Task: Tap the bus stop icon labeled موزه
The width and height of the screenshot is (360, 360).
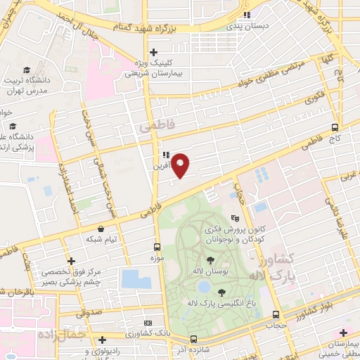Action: tap(157, 247)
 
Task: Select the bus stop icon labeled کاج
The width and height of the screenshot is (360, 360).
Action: tap(335, 128)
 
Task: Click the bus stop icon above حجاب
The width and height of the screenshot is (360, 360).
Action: tap(276, 315)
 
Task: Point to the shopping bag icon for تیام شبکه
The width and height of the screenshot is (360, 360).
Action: tap(103, 229)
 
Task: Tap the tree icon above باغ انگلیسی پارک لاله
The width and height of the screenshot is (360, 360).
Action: tap(221, 292)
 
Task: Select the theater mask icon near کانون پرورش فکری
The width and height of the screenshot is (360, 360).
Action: tap(235, 219)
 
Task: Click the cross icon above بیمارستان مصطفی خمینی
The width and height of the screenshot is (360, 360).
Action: tap(343, 333)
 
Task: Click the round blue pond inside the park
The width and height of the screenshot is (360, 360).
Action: tap(203, 287)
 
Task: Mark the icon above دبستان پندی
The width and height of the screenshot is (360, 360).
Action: tap(245, 16)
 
